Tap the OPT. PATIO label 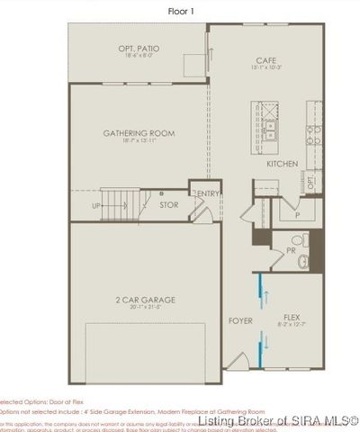[139, 48]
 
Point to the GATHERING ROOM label [139, 133]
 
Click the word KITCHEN [283, 165]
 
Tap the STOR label [168, 205]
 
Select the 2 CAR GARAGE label [139, 299]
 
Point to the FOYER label [240, 320]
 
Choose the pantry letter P [296, 216]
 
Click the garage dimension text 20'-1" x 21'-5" [139, 307]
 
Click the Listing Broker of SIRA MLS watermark [279, 421]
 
